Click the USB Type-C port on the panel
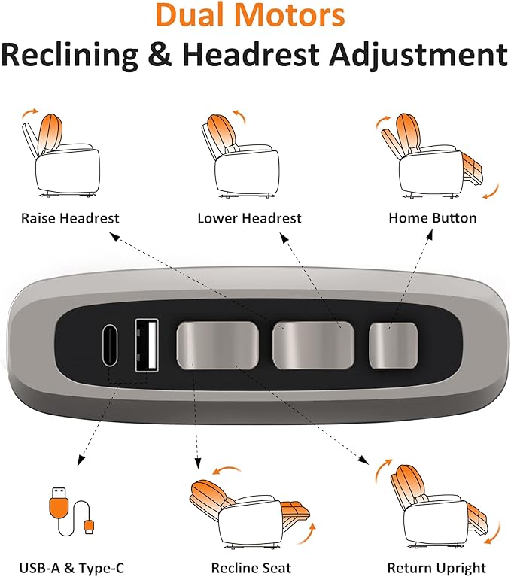pos(110,345)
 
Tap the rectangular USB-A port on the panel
pos(147,345)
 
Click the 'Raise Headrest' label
pos(70,218)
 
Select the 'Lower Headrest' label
pos(249,218)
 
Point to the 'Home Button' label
pos(433,218)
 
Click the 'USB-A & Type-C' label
pos(71,568)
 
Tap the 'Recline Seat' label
pos(251,568)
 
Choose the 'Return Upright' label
pos(436,568)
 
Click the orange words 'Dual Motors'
pos(251,15)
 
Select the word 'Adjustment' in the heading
pos(418,55)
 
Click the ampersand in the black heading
pos(160,54)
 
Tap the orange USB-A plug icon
pos(59,503)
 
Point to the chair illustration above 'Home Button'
pos(437,156)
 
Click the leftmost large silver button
pos(217,345)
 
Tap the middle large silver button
pos(313,345)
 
